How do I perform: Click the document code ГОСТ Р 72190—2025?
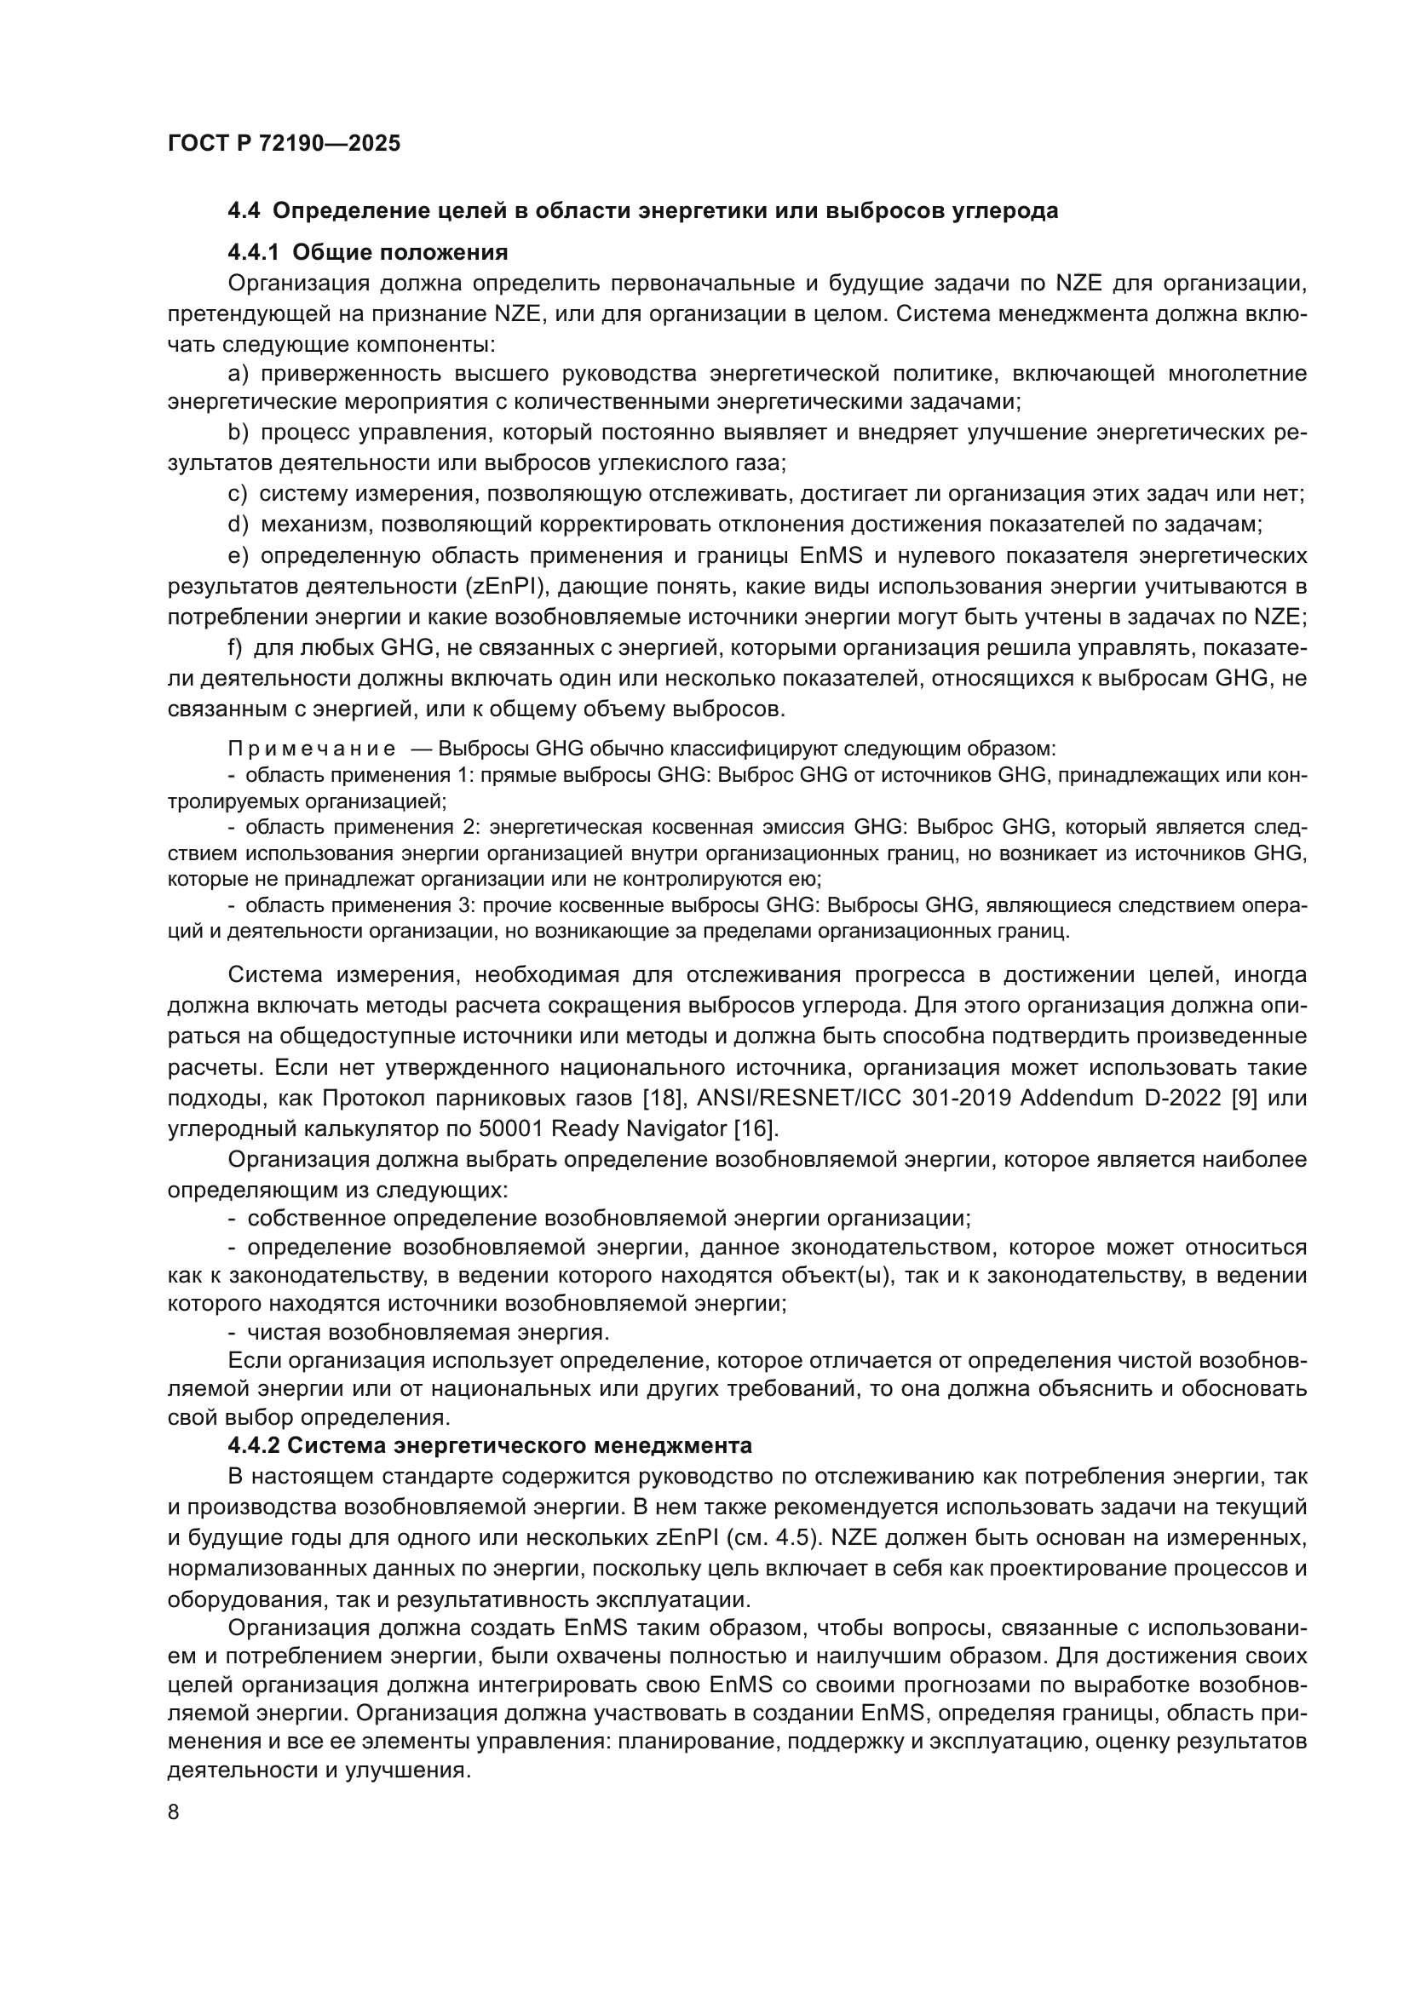click(x=284, y=143)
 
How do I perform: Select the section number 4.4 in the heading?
click(x=244, y=211)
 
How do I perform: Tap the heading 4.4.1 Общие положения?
click(x=367, y=252)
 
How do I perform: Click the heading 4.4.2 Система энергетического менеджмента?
click(x=489, y=1445)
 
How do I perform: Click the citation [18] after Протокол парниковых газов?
click(x=664, y=1098)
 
